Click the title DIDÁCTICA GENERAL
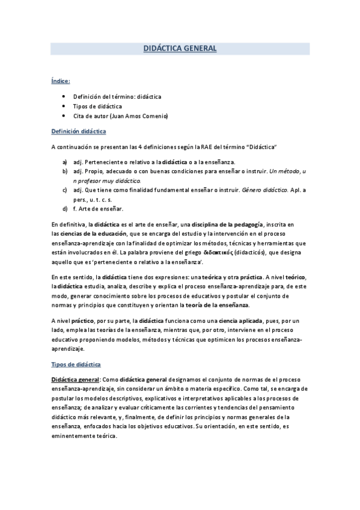(180, 49)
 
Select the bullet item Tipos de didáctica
(97, 106)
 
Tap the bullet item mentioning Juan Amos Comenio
(121, 115)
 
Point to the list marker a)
(64, 162)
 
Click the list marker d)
(64, 209)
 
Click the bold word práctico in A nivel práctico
(84, 321)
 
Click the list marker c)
(64, 190)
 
